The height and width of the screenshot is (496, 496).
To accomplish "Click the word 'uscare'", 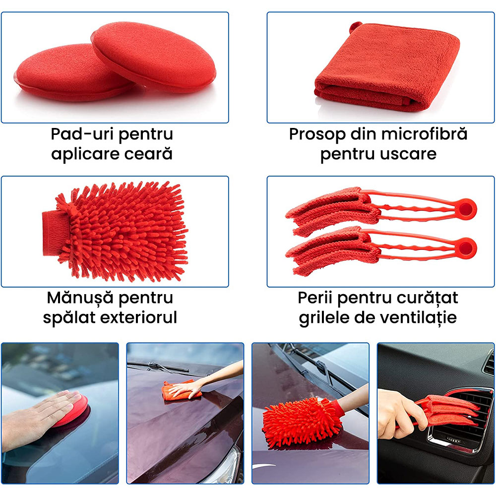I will coord(409,154).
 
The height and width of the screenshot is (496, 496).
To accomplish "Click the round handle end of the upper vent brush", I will coord(467,208).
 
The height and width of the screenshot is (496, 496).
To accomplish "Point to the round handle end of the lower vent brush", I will coord(467,246).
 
